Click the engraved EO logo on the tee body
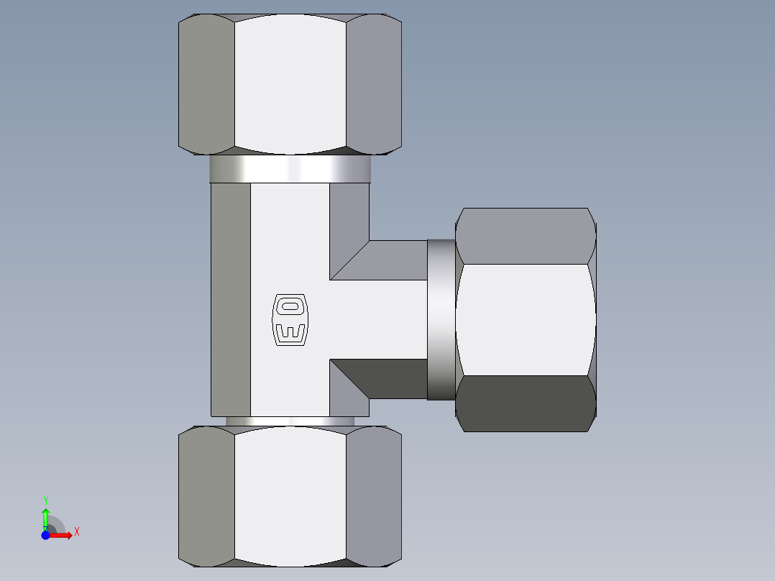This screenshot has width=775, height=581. click(x=290, y=319)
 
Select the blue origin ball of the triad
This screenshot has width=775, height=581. click(x=45, y=536)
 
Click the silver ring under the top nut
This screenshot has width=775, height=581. click(x=290, y=169)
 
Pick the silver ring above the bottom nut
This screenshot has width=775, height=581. click(x=290, y=421)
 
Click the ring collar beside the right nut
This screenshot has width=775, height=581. click(x=441, y=319)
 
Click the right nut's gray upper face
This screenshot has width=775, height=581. click(x=526, y=236)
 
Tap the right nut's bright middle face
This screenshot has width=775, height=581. click(x=526, y=319)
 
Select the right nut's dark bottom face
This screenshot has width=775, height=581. click(x=526, y=403)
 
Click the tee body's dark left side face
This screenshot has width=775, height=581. click(x=230, y=298)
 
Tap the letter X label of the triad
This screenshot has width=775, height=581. click(x=76, y=532)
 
